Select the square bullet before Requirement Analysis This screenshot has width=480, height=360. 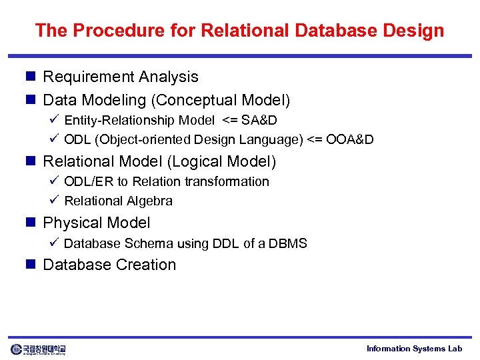tap(30, 77)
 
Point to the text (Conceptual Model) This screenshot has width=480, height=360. tap(221, 101)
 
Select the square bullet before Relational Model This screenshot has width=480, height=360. tap(30, 161)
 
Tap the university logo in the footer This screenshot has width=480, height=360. tap(38, 349)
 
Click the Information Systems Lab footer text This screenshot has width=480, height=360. tap(414, 349)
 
